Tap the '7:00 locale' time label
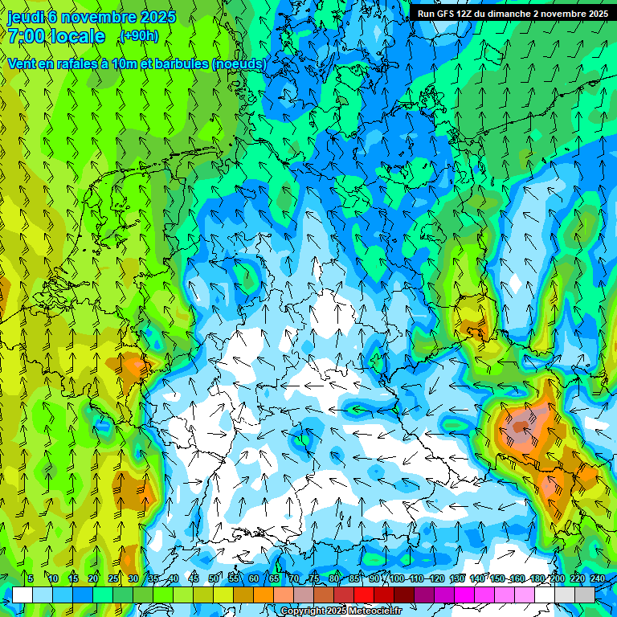click(x=56, y=36)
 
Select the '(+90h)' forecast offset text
click(x=139, y=36)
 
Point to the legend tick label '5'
click(x=31, y=579)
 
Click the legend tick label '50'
click(x=214, y=579)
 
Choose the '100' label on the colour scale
click(x=397, y=579)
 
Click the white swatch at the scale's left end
click(x=22, y=595)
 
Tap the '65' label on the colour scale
click(x=274, y=579)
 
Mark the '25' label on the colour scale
click(x=113, y=579)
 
